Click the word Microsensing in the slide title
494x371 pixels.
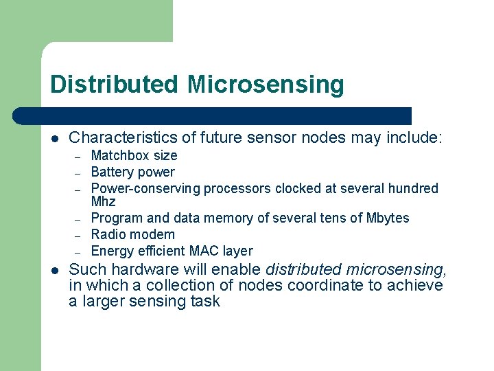(265, 85)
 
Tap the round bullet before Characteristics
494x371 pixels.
(56, 139)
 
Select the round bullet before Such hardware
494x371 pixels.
(56, 270)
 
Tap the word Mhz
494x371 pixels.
(103, 202)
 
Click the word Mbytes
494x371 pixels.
(386, 218)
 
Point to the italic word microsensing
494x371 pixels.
(396, 269)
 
